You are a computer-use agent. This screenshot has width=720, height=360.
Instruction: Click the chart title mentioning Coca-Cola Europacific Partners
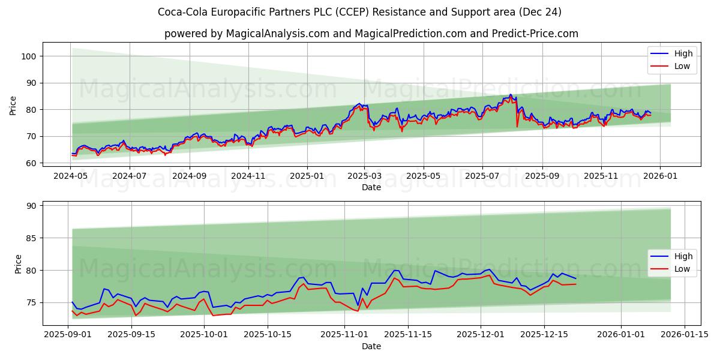pyautogui.click(x=359, y=12)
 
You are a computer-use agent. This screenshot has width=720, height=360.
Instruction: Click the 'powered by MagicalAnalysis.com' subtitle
pyautogui.click(x=371, y=34)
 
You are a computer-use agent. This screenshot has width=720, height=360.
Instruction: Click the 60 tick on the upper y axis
pyautogui.click(x=31, y=163)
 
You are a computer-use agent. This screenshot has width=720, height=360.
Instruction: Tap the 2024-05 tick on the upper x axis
pyautogui.click(x=72, y=177)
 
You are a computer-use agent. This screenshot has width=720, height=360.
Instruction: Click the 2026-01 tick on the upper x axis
pyautogui.click(x=660, y=177)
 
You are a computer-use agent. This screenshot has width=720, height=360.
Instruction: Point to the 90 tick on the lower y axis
pyautogui.click(x=31, y=206)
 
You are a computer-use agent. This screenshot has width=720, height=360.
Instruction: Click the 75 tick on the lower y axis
pyautogui.click(x=31, y=303)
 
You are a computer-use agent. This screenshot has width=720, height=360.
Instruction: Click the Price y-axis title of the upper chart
pyautogui.click(x=13, y=105)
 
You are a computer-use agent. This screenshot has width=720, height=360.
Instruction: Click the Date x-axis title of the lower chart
pyautogui.click(x=371, y=346)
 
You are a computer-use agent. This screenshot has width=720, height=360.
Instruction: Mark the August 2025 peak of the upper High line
pyautogui.click(x=511, y=94)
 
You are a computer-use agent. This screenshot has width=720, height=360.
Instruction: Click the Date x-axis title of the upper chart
pyautogui.click(x=371, y=188)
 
